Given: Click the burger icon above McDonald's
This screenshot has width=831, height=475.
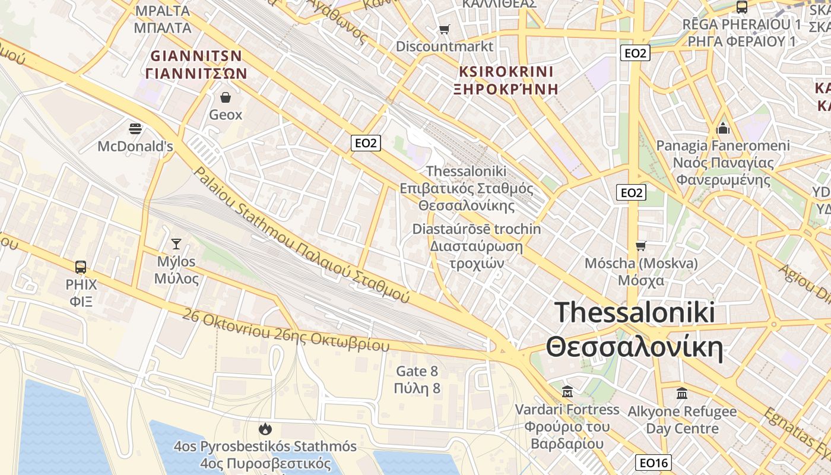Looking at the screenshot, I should click(135, 128).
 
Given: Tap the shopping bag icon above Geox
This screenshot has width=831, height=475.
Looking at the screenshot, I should click(226, 97).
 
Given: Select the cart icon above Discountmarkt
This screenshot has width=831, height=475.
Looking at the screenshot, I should click(444, 29).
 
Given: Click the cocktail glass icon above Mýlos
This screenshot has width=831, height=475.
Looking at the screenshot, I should click(176, 243).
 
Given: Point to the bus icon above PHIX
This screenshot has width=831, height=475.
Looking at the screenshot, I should click(81, 267).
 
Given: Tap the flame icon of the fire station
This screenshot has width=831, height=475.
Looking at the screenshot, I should click(265, 429).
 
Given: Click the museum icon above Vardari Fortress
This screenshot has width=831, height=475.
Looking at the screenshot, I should click(567, 392).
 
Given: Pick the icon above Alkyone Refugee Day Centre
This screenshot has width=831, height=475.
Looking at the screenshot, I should click(682, 393).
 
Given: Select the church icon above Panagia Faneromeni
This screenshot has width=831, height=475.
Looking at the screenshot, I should click(723, 128).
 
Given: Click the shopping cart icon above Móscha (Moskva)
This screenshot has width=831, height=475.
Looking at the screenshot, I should click(640, 245).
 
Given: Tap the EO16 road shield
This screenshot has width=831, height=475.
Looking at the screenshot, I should click(654, 463).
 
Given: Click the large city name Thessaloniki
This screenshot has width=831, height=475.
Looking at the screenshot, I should click(635, 312).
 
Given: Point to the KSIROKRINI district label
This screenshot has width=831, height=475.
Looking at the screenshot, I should click(506, 72).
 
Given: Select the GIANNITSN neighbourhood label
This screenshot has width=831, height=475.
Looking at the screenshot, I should click(196, 56).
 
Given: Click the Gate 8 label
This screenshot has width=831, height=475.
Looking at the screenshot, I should click(417, 372).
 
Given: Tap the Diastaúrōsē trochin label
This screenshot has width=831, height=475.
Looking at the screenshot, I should click(477, 229).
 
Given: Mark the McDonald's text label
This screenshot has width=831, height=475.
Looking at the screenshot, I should click(135, 146).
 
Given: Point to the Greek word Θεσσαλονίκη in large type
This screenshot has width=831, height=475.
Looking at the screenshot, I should click(635, 348).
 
